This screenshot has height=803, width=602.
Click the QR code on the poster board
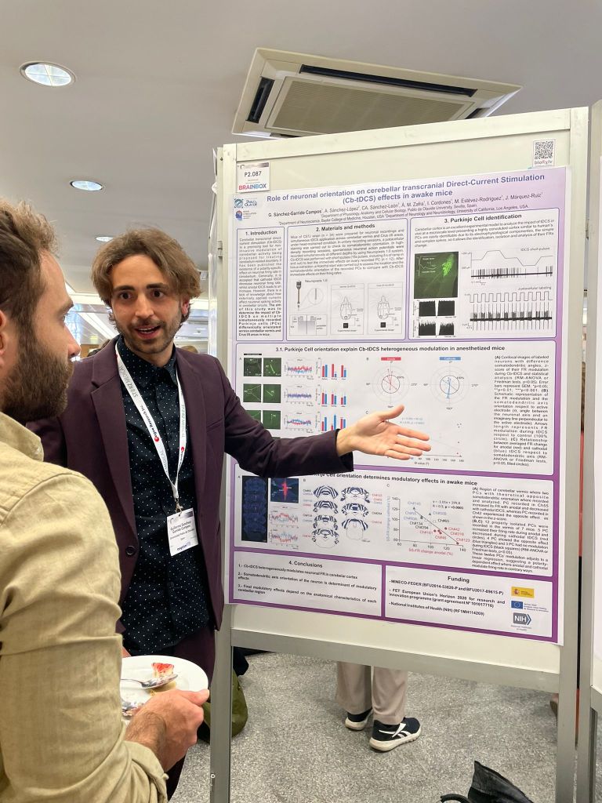tap(543, 151)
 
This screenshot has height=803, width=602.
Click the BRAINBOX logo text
tap(253, 186)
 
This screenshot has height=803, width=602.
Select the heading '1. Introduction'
tap(259, 233)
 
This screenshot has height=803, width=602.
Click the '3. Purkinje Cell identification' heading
tap(484, 220)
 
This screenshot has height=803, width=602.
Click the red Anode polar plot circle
tap(390, 382)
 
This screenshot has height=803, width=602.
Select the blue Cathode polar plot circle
tap(449, 383)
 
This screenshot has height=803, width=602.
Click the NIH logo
tap(521, 619)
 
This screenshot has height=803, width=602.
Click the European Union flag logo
tap(517, 605)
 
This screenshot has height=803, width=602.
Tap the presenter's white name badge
tap(182, 530)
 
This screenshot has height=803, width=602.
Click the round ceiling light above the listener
tap(47, 74)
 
